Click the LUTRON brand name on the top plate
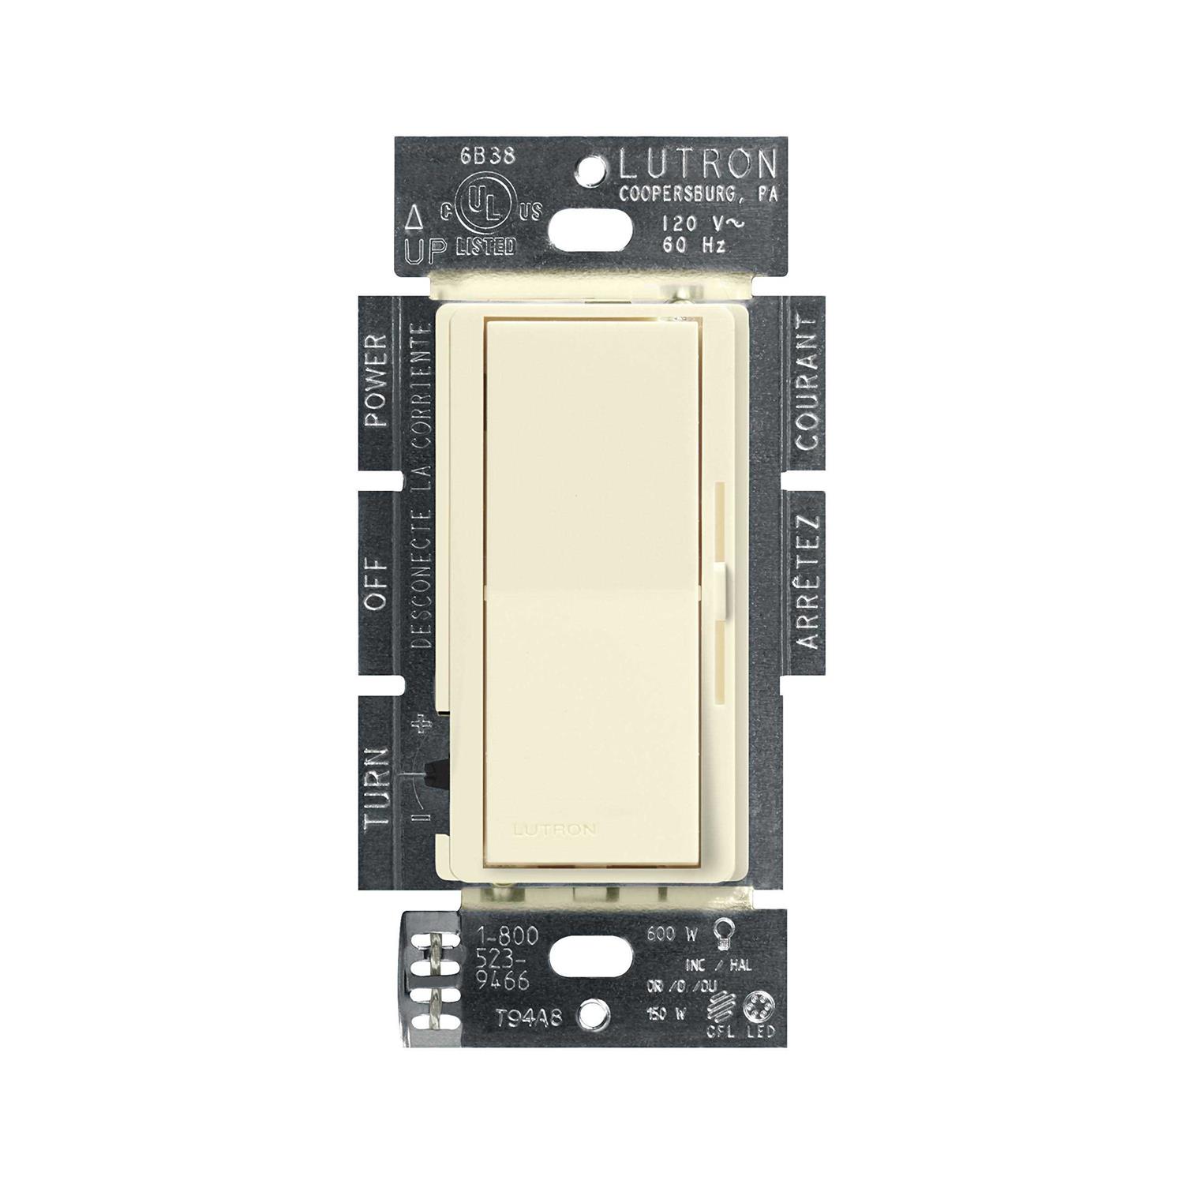[x=697, y=164]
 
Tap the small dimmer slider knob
[x=721, y=578]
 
